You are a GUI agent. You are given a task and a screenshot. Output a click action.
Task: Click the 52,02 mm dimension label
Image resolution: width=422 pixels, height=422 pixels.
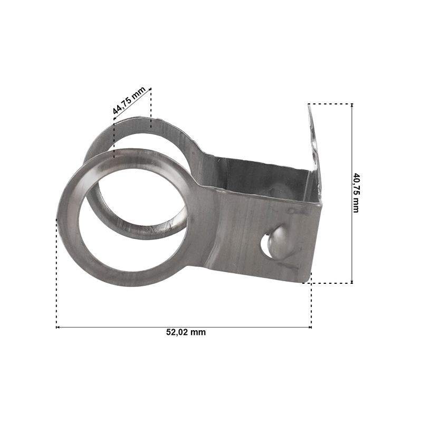tap(186, 332)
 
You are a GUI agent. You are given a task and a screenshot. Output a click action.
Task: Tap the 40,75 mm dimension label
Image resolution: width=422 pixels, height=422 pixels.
tap(356, 193)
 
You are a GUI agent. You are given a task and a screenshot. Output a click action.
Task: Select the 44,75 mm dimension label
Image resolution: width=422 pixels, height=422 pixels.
tap(129, 100)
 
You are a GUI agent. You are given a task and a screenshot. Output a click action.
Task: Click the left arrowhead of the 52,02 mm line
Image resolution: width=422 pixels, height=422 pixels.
tap(57, 327)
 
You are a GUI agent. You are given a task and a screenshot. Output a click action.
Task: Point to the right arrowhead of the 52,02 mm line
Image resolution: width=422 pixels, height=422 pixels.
tap(310, 327)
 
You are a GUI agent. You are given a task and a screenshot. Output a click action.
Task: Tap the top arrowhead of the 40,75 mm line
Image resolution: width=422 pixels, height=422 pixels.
tap(352, 105)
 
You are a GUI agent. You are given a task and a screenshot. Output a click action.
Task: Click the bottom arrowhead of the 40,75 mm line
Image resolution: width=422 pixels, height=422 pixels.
tap(352, 282)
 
